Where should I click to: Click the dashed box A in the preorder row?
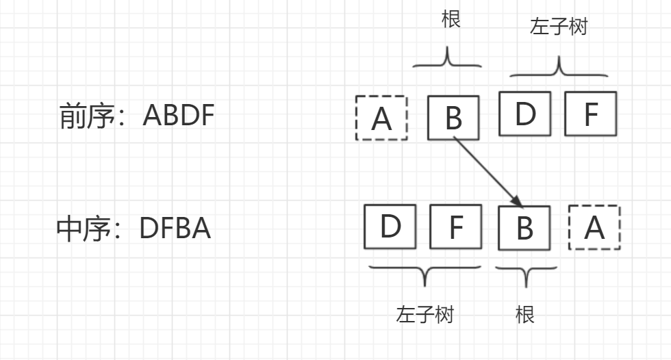click(381, 118)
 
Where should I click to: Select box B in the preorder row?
click(453, 118)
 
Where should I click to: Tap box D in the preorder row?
click(524, 114)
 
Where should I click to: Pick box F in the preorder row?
click(590, 114)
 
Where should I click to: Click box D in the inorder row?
click(390, 226)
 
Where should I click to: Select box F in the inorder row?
click(455, 226)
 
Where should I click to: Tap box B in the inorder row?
click(524, 227)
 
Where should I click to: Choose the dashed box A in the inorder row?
click(594, 227)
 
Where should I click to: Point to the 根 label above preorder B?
click(451, 18)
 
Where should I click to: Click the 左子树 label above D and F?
click(559, 27)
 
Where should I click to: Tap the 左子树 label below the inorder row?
click(425, 314)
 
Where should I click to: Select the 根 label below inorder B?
click(524, 314)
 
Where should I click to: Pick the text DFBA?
click(175, 229)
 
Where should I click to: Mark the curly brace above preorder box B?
click(447, 60)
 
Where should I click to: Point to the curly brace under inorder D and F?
click(425, 274)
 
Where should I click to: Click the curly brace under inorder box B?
click(525, 274)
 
